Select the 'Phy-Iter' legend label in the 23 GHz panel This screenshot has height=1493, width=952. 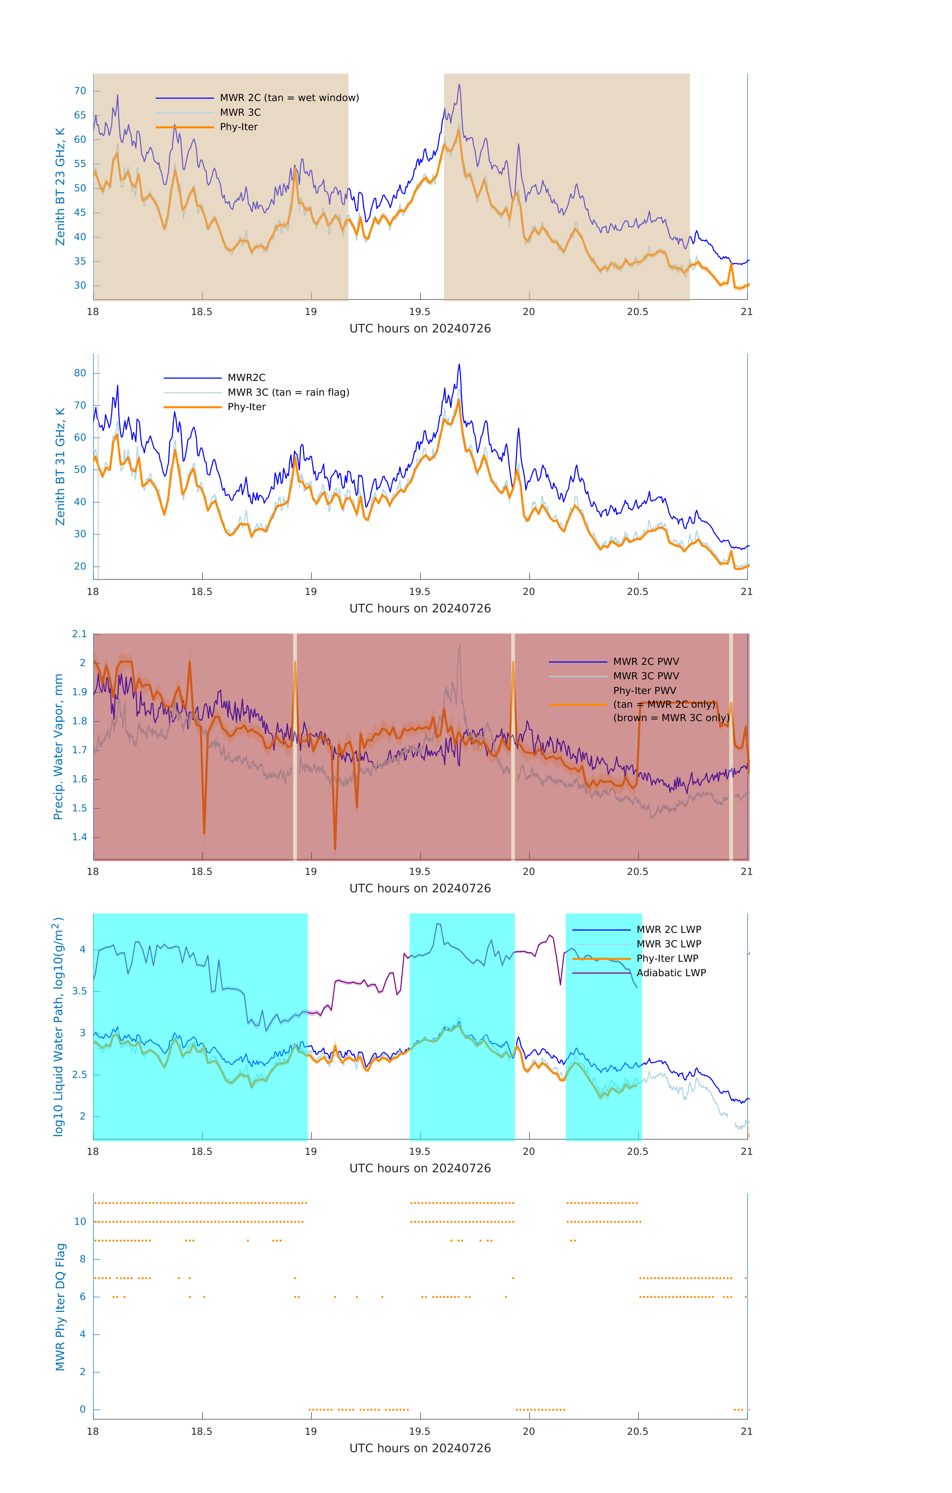(239, 127)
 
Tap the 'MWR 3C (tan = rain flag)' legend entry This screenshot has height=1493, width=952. (288, 392)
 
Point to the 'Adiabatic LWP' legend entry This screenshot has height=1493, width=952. (671, 973)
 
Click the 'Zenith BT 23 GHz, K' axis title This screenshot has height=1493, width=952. (60, 187)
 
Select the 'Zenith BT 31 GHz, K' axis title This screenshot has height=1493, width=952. (60, 466)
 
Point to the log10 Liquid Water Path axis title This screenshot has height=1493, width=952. (58, 1026)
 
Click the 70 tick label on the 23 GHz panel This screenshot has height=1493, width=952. (80, 91)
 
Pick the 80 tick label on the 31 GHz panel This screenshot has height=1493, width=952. (80, 373)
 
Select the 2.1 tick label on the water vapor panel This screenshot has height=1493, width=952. (79, 634)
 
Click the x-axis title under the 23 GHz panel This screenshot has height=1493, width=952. (420, 329)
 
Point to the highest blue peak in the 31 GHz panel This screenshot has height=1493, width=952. (459, 365)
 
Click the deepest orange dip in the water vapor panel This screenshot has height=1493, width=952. (335, 849)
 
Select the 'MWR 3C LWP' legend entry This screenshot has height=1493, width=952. (669, 944)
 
